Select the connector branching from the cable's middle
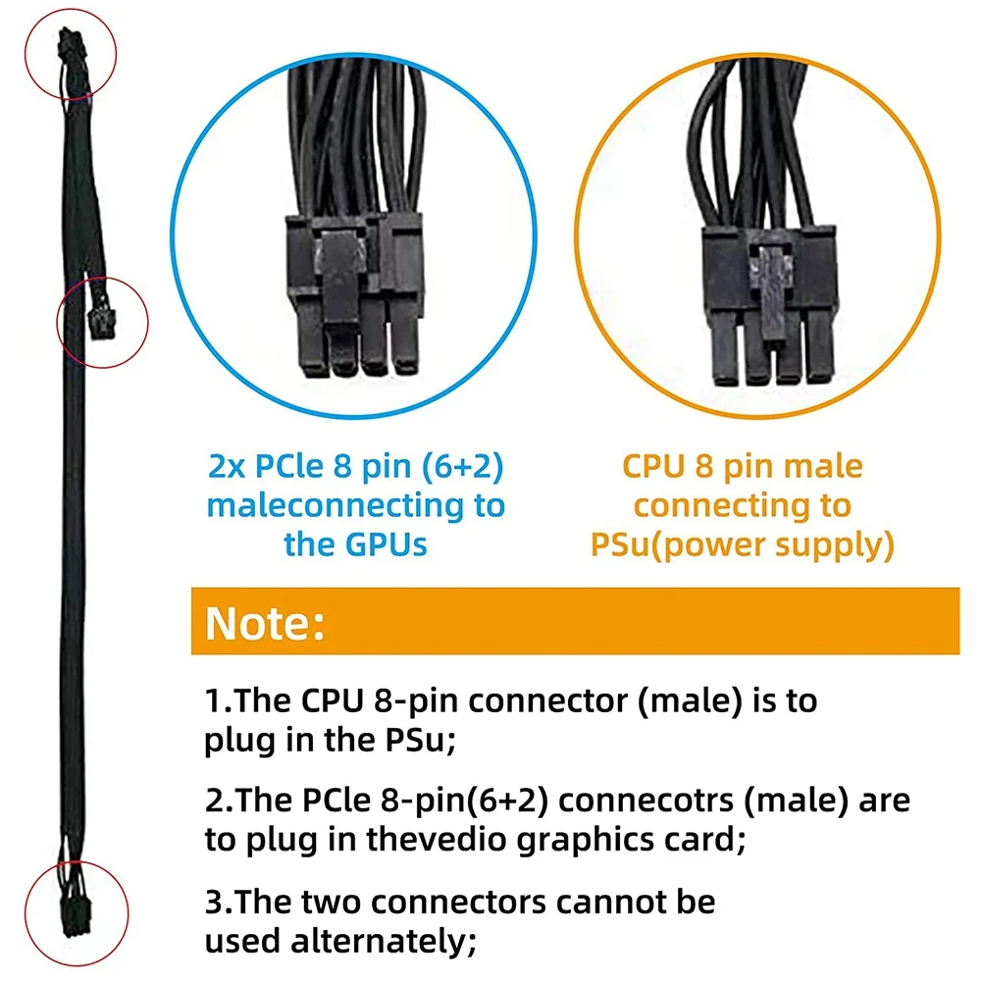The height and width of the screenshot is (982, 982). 99,320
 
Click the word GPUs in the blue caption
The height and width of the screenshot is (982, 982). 383,543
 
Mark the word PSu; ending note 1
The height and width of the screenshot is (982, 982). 420,741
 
